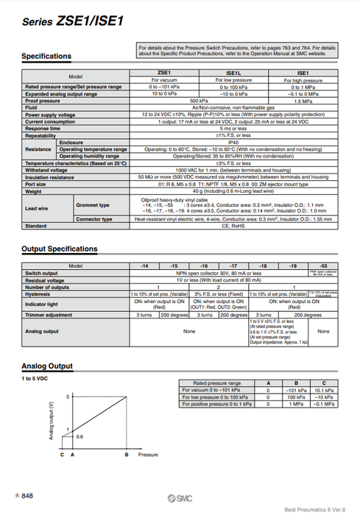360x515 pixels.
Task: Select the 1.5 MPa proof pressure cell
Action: point(302,100)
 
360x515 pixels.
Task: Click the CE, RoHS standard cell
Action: point(233,226)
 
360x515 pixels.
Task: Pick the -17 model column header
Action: point(233,266)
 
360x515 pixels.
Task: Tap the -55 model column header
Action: point(322,266)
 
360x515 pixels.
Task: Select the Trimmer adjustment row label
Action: point(51,314)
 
